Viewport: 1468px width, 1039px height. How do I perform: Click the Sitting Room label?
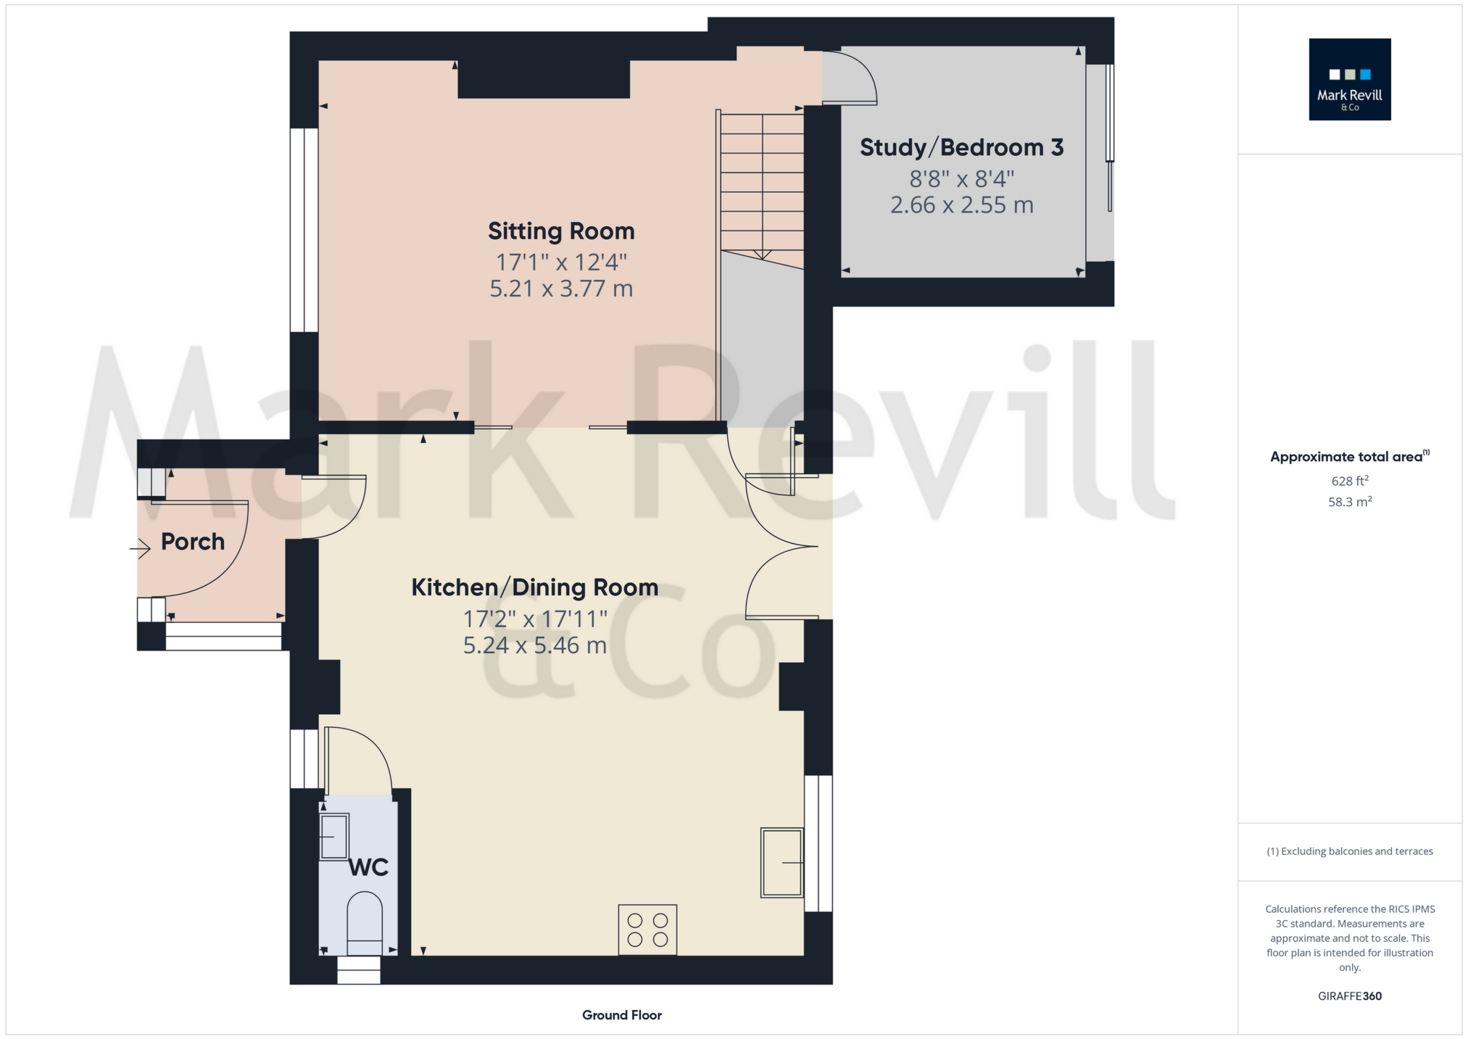561,231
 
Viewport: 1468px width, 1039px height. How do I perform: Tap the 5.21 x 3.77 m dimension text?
561,289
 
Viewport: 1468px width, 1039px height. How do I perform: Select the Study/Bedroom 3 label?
961,148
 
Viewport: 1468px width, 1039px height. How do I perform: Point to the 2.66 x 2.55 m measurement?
961,205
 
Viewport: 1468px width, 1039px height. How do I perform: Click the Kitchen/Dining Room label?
534,587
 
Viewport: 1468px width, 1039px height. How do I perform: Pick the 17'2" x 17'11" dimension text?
534,618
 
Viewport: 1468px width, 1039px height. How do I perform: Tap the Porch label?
192,542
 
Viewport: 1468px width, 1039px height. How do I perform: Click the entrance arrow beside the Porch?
140,549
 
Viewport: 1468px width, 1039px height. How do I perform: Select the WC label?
368,867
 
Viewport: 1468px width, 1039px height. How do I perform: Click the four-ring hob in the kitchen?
647,930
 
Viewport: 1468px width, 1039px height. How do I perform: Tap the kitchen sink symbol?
781,862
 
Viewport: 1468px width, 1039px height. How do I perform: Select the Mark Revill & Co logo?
1349,79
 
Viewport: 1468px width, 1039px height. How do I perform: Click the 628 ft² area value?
1349,481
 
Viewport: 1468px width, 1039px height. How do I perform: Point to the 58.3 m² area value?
1349,502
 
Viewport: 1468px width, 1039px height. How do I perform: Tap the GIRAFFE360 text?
1349,996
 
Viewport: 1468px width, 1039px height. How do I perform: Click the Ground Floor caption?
621,1015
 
